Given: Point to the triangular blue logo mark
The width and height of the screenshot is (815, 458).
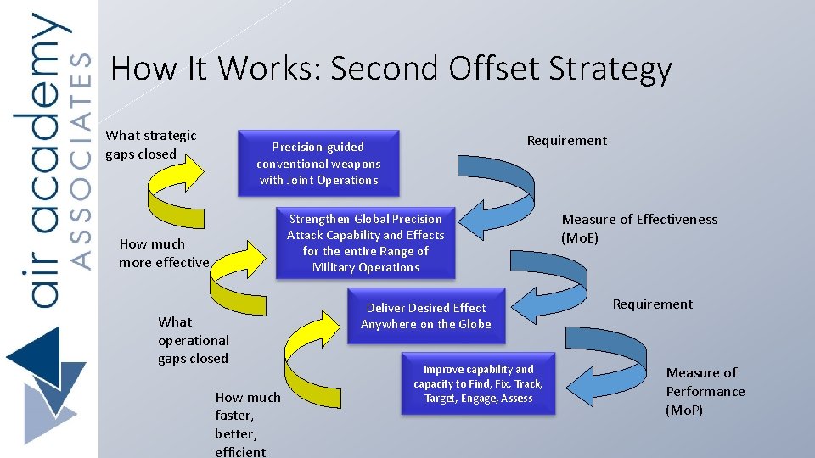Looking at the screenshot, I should click(46, 382).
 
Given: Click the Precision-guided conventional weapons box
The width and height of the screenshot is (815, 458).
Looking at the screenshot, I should click(318, 163).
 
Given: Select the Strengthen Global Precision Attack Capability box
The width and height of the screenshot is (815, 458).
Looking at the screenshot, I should click(366, 243).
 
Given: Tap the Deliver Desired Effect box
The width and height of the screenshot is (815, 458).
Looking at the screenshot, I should click(425, 316).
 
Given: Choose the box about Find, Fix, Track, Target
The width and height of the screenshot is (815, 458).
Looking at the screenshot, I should click(479, 383).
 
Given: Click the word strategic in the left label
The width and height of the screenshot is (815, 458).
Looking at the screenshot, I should click(169, 136).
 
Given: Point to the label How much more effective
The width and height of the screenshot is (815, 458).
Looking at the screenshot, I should click(163, 253).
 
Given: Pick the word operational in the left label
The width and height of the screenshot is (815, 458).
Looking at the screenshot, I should click(194, 340).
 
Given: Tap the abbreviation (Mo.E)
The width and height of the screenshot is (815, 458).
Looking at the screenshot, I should click(580, 237).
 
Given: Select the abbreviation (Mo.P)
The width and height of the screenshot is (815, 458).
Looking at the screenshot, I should click(684, 411).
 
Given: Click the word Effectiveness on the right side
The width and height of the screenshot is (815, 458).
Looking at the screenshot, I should click(674, 219).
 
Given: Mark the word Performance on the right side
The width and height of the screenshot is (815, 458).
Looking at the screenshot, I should click(705, 391).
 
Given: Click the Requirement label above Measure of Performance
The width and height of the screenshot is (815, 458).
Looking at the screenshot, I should click(653, 304).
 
